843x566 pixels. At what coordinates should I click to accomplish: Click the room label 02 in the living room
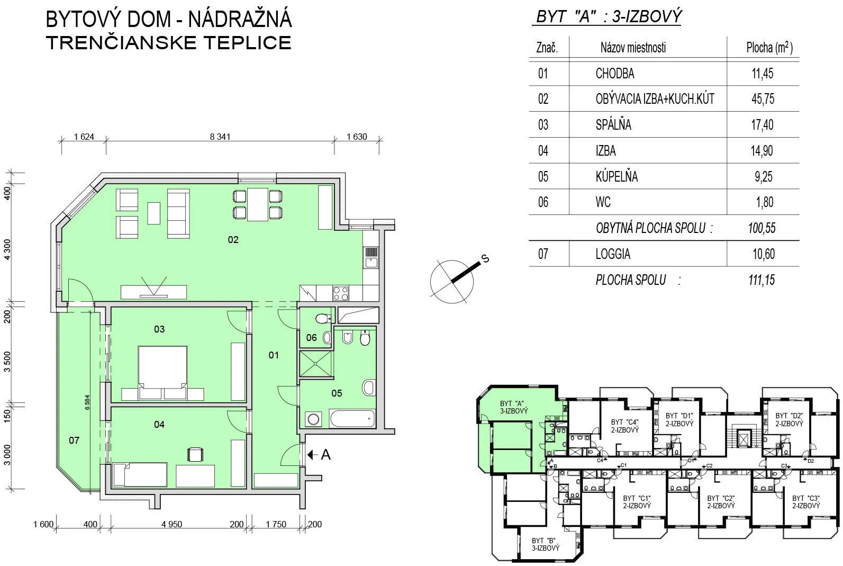coord(233,239)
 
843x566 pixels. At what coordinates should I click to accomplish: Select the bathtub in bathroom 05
coord(352,419)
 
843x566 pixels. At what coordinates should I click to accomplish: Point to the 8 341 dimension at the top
coord(220,137)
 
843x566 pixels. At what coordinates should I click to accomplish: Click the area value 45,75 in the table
coord(763,98)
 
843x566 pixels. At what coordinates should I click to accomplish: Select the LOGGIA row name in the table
coord(613,254)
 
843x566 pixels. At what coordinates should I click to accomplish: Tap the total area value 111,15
coord(762,280)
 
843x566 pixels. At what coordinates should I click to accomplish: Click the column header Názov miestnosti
coord(633,48)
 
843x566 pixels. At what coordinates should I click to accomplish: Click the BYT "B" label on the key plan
coord(545,544)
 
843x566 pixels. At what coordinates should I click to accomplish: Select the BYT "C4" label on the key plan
coord(625,426)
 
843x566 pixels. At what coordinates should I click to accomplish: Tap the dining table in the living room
coord(257,204)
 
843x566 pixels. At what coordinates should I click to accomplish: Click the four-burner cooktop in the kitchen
coord(341,293)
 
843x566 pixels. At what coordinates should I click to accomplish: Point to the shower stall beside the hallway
coord(316,364)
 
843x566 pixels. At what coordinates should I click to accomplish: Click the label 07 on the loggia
coord(74,440)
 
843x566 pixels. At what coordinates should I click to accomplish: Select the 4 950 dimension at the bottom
coord(171,524)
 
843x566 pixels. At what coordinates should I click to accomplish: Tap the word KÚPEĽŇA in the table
coord(617,176)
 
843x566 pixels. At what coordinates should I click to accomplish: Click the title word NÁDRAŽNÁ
coord(240,20)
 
